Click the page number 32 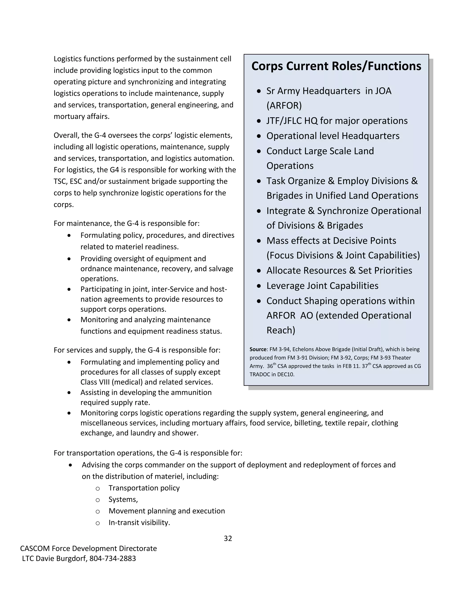[x=228, y=538]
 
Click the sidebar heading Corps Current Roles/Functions [x=336, y=66]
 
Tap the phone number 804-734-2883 [x=113, y=558]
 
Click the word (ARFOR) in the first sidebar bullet [x=284, y=106]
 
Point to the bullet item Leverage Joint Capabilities [x=322, y=286]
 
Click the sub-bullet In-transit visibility [x=139, y=523]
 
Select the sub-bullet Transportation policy [x=144, y=488]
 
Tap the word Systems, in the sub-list [x=123, y=500]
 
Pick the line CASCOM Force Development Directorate [x=88, y=548]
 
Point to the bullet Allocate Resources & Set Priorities [x=339, y=271]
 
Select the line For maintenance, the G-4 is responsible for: [x=126, y=223]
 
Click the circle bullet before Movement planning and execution [x=98, y=511]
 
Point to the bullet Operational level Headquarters [x=333, y=136]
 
